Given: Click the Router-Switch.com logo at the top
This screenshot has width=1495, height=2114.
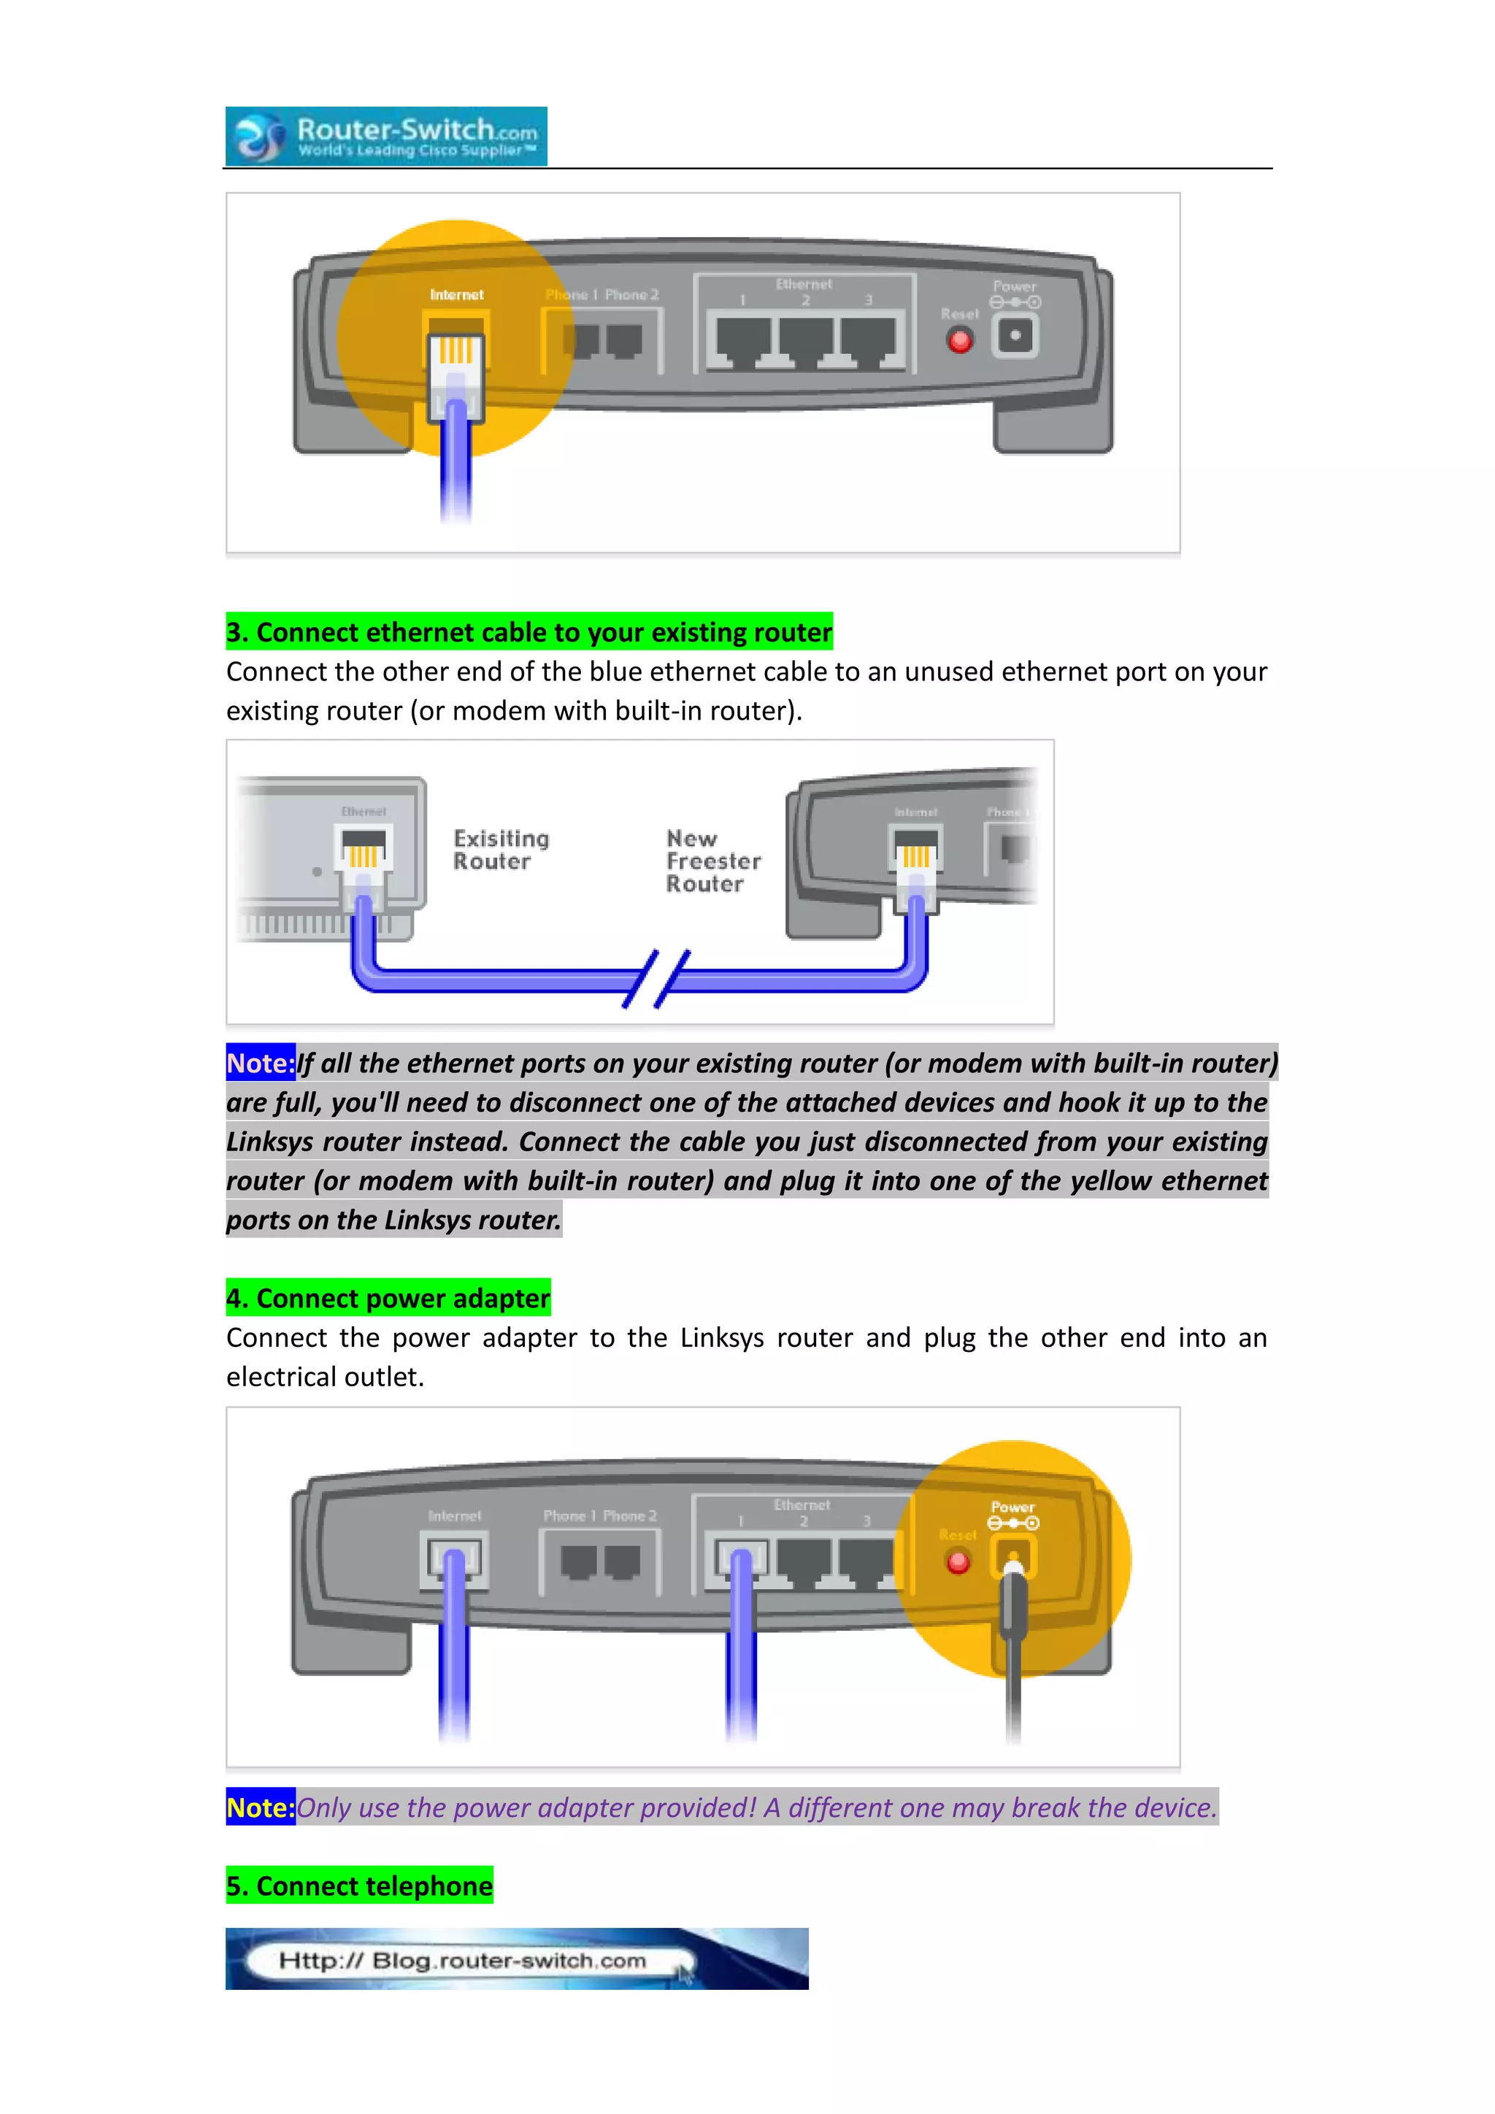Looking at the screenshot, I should [387, 137].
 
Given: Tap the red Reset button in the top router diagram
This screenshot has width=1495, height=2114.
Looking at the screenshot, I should [959, 341].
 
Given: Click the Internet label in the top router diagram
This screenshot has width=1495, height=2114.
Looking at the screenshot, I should [456, 295].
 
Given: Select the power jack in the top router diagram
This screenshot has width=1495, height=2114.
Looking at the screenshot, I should [1015, 335].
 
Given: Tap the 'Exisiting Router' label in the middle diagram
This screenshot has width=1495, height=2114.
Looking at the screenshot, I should [501, 850].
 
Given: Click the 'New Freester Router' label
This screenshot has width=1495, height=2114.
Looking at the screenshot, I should [712, 861].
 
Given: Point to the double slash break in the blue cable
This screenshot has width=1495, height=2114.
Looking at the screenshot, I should [656, 979].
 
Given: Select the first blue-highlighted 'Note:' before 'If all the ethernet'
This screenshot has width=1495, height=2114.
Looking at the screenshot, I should [261, 1064].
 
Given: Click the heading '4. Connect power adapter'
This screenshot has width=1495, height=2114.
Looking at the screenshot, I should [388, 1298].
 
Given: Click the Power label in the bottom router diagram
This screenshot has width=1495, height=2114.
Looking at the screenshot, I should [1012, 1507].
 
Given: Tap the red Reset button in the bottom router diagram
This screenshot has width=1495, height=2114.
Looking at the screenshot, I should [958, 1561].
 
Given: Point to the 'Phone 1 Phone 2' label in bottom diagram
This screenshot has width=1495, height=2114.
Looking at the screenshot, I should [600, 1515].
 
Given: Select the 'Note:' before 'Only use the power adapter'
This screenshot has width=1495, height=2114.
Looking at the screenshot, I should [261, 1807].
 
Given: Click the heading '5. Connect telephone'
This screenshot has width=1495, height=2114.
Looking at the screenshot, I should [360, 1886].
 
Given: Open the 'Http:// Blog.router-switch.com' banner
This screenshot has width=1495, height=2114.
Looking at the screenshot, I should [516, 1959].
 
